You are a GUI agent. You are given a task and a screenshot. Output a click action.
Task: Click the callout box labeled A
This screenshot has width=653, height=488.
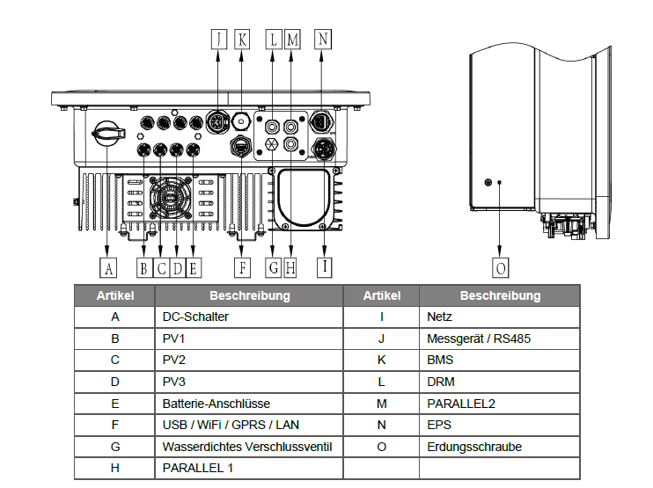tap(107, 266)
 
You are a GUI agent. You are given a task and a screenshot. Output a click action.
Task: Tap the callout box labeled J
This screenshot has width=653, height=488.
tap(218, 39)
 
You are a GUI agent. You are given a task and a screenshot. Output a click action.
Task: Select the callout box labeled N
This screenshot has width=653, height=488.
tap(323, 39)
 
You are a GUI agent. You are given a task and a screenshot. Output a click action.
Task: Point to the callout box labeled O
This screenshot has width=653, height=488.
tap(500, 266)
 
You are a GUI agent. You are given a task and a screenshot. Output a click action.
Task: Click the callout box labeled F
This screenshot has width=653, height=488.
tap(241, 266)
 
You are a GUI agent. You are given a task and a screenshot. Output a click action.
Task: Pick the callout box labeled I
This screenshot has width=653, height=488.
tap(325, 266)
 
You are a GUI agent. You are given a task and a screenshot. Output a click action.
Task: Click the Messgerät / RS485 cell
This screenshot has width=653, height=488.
tap(499, 338)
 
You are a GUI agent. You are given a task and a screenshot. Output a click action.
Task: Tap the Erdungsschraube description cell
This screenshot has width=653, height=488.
tap(499, 447)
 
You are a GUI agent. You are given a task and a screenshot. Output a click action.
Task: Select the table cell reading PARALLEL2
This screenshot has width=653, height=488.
tap(499, 403)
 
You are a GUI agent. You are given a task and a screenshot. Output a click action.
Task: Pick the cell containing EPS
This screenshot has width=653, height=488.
tap(499, 425)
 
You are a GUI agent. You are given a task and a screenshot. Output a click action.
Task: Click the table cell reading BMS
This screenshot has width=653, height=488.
tap(499, 360)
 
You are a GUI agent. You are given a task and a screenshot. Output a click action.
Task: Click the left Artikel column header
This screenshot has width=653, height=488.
tap(115, 295)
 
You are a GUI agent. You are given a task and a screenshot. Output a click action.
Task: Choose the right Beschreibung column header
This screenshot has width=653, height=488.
tap(500, 295)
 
